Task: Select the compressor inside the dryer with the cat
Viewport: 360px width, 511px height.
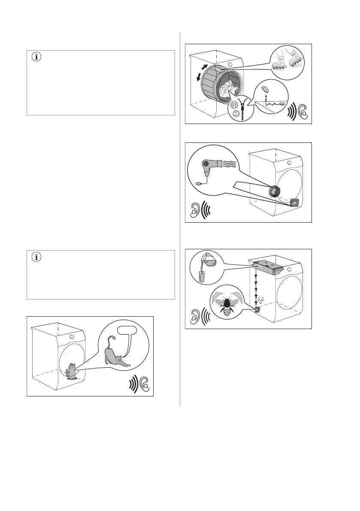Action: coord(72,370)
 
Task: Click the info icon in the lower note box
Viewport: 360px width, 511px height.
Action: coord(36,258)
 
